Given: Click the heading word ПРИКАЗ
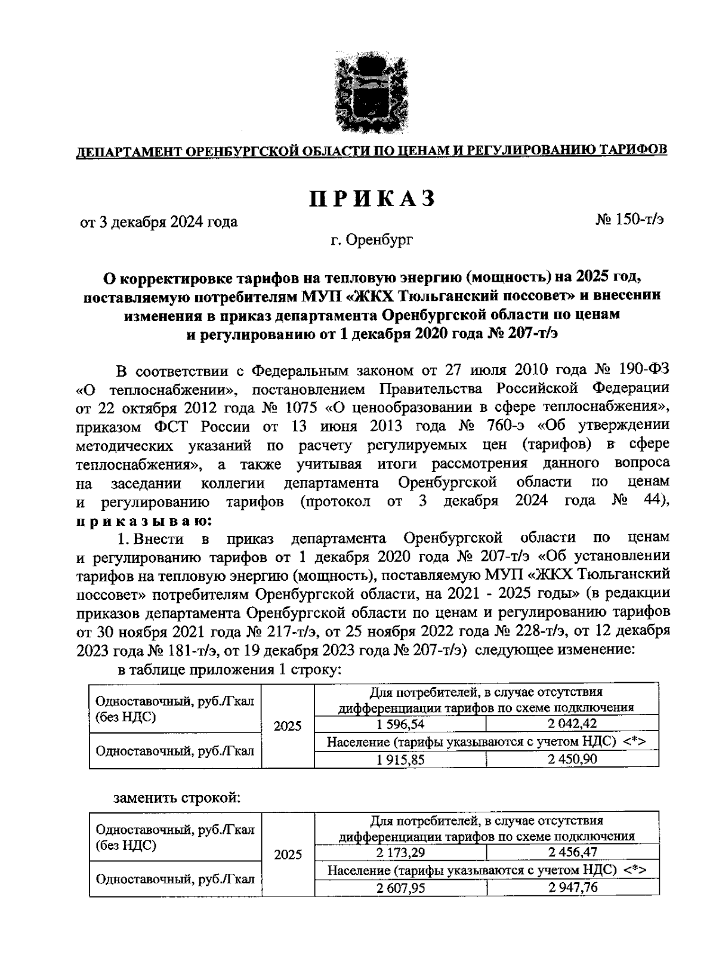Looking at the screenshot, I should tap(372, 199).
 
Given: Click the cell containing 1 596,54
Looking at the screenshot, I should tap(400, 724).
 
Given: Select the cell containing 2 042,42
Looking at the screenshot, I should tap(572, 724).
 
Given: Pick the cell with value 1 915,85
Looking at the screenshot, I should tap(400, 759).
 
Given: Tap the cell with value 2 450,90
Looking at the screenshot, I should tap(572, 759).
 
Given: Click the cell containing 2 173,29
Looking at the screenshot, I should tap(400, 852).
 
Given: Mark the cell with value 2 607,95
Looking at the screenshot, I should tap(400, 888).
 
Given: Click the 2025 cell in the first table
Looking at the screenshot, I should tap(288, 726).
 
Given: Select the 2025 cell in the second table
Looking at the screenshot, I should tap(288, 854).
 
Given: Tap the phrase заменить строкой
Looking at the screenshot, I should tap(177, 797).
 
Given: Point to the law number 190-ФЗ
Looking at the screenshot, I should tap(640, 370).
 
